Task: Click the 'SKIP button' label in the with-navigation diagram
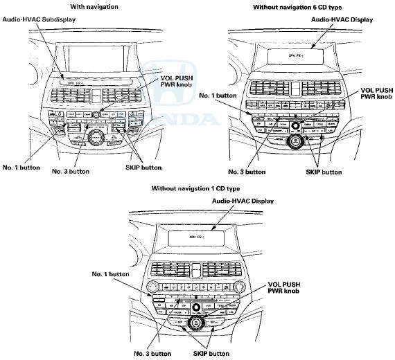pos(143,167)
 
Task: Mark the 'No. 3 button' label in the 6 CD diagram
pos(247,171)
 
